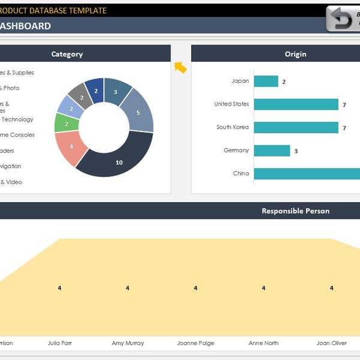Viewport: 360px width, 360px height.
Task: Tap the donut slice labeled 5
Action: pos(139,112)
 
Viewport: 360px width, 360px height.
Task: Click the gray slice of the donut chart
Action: pos(78,94)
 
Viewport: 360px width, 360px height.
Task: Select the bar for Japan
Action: pos(266,81)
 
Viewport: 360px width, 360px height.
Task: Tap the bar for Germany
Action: pos(272,151)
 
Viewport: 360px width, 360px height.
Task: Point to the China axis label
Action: pos(241,173)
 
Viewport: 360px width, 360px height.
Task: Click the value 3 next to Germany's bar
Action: pos(296,151)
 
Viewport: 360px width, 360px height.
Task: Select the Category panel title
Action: pos(67,54)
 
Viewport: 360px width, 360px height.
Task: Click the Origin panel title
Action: pos(295,54)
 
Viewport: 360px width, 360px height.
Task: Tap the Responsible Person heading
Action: pos(295,211)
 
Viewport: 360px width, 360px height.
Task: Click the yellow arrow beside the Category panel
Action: pos(181,67)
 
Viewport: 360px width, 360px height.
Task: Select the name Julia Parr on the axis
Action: pos(60,343)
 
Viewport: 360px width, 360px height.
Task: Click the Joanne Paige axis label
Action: pos(195,343)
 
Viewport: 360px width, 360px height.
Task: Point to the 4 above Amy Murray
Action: pos(127,288)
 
